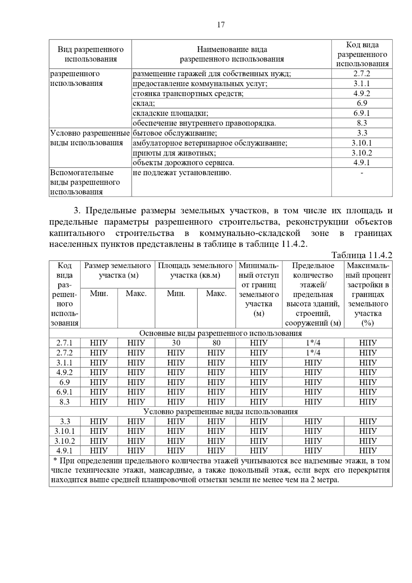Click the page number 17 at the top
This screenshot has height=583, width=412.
221,25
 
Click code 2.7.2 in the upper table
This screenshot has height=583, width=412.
362,73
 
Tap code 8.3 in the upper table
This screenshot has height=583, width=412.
362,123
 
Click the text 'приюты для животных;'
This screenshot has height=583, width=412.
174,153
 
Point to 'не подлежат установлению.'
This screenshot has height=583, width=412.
182,173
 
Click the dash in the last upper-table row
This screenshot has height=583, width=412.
362,173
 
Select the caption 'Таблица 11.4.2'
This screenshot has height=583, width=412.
362,255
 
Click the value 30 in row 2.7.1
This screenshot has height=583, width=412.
176,343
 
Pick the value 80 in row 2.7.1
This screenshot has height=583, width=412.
216,343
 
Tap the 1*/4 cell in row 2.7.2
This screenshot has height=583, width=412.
313,353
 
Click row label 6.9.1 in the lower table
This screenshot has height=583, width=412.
65,392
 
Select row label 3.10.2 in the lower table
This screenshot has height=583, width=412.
65,441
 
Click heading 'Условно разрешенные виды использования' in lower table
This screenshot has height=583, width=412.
220,411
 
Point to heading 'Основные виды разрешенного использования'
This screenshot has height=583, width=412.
220,333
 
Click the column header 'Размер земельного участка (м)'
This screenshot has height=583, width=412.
117,270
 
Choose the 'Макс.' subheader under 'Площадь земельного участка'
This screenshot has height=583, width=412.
216,294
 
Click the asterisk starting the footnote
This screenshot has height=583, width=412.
56,461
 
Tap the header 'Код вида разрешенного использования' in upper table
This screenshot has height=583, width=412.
362,54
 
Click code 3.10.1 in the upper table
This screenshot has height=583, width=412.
362,143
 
